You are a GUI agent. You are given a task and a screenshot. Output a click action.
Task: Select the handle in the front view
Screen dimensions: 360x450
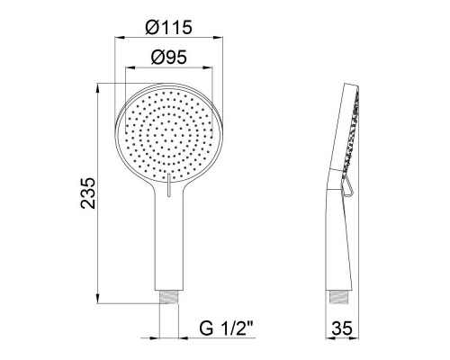coord(167,243)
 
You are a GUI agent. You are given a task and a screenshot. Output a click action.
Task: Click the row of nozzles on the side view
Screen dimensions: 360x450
coord(353,135)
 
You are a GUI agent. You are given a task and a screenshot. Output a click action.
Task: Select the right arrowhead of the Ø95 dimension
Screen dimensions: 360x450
coord(211,68)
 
